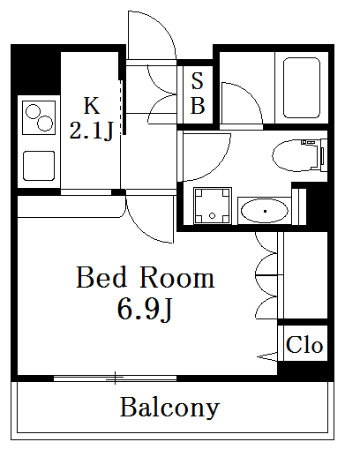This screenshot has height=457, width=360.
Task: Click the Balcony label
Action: (169, 408)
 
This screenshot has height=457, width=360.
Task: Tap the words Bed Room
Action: (146, 277)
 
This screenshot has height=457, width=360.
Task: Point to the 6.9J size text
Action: (145, 308)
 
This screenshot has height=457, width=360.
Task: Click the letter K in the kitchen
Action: (92, 105)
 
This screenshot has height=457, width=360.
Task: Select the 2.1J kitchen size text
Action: (91, 131)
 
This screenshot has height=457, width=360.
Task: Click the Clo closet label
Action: (304, 344)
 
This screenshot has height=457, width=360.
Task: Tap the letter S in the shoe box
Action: (198, 80)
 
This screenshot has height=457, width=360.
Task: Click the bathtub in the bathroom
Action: (302, 87)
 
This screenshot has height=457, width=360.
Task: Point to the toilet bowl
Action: (296, 155)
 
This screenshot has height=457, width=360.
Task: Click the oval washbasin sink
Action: (264, 211)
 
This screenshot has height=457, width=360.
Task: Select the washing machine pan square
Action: (213, 206)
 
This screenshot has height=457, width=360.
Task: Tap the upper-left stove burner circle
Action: (33, 111)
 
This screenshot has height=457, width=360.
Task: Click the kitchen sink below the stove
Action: (39, 166)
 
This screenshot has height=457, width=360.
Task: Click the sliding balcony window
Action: (115, 378)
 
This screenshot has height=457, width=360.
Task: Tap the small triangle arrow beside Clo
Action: (267, 356)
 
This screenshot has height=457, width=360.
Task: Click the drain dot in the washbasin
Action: (265, 211)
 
